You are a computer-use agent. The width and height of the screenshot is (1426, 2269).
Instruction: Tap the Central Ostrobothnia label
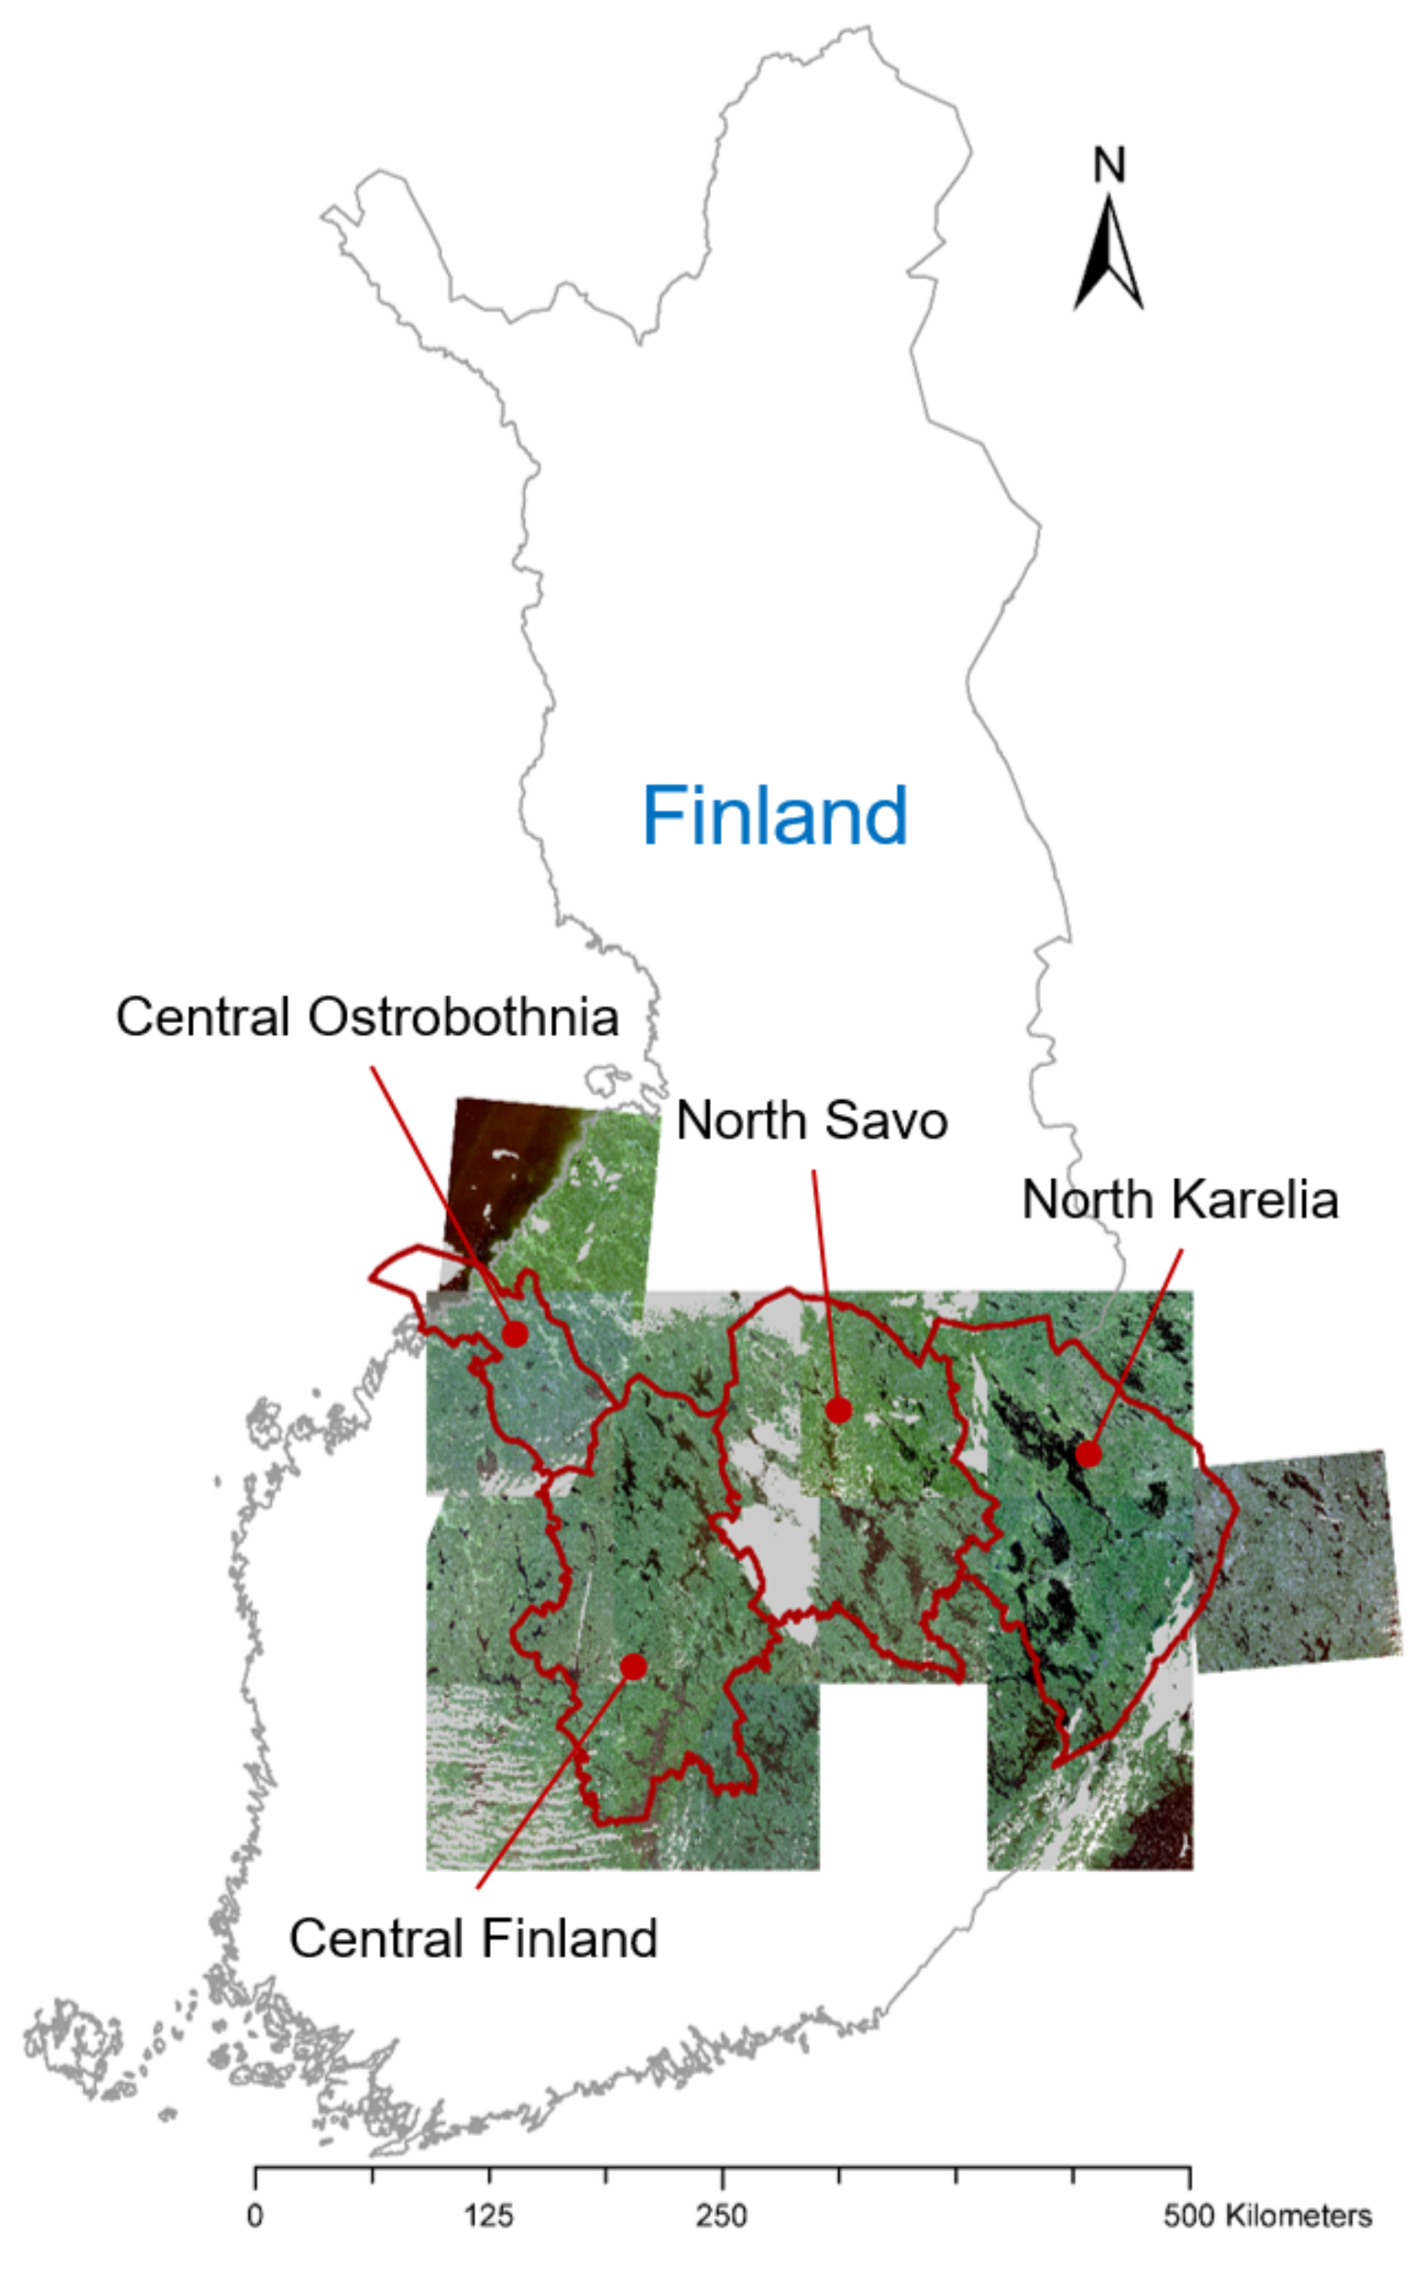(x=367, y=1017)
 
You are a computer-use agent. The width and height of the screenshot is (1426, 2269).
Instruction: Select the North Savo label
(x=812, y=1120)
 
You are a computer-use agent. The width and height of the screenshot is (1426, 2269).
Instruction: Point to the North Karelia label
(x=1179, y=1200)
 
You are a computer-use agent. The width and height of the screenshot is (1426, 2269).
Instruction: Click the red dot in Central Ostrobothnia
(x=515, y=1334)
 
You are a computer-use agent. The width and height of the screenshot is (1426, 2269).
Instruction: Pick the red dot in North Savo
(x=838, y=1410)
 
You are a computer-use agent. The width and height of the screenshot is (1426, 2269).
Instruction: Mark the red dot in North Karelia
(x=1087, y=1454)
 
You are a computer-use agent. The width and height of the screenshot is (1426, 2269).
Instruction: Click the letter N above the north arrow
(x=1109, y=166)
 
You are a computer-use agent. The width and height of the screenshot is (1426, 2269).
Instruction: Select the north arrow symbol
(x=1109, y=255)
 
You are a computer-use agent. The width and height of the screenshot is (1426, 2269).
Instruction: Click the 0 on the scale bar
(x=255, y=2216)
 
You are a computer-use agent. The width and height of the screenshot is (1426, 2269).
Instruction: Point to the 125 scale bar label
(x=488, y=2216)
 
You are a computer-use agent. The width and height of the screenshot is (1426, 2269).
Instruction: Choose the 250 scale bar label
(x=722, y=2216)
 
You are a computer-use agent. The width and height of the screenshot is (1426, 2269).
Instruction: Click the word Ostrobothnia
(x=463, y=1017)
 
